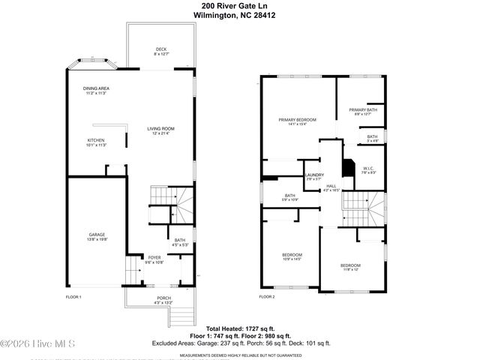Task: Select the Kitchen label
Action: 97,142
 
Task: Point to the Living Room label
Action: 160,130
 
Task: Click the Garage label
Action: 97,236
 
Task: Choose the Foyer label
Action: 154,259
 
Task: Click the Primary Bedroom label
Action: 297,121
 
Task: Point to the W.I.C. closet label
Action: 368,171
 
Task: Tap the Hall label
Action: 331,188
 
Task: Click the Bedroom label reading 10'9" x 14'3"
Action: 291,256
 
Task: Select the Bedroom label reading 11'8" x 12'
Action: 350,268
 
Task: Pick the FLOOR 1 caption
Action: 73,297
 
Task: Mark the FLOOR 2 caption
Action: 268,297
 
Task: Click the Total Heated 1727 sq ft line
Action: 240,328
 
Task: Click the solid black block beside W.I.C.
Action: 348,166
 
